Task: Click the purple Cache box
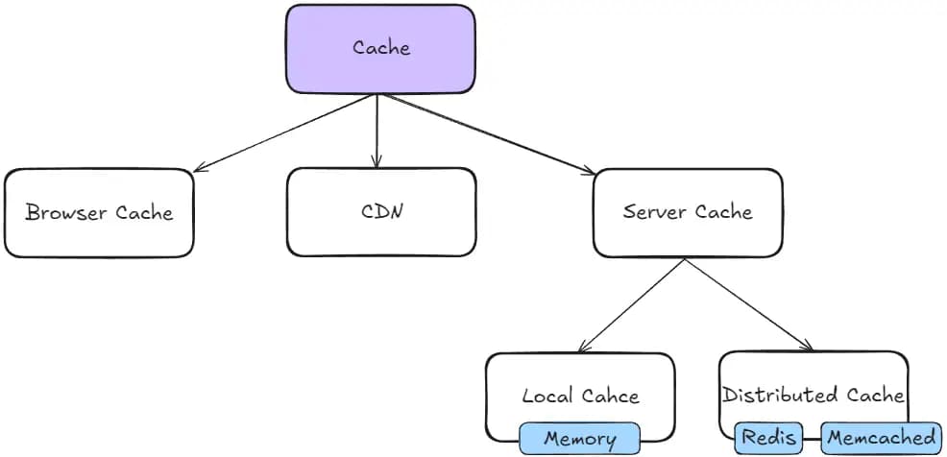tap(380, 49)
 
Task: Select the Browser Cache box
tap(98, 213)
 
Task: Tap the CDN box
tap(381, 212)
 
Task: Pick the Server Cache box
tap(688, 213)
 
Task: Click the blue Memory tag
tap(579, 439)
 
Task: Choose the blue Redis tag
tap(768, 438)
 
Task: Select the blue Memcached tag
tap(881, 438)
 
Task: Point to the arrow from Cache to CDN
tap(376, 131)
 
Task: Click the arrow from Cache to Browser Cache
tap(284, 132)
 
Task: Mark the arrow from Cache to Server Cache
tap(489, 134)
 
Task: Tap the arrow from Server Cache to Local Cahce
tap(631, 305)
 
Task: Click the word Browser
tap(66, 212)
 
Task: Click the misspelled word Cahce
tap(610, 396)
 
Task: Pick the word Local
tap(548, 396)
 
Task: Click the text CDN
tap(381, 212)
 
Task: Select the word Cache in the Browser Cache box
tap(144, 212)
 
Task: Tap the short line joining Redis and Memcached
tap(813, 438)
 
